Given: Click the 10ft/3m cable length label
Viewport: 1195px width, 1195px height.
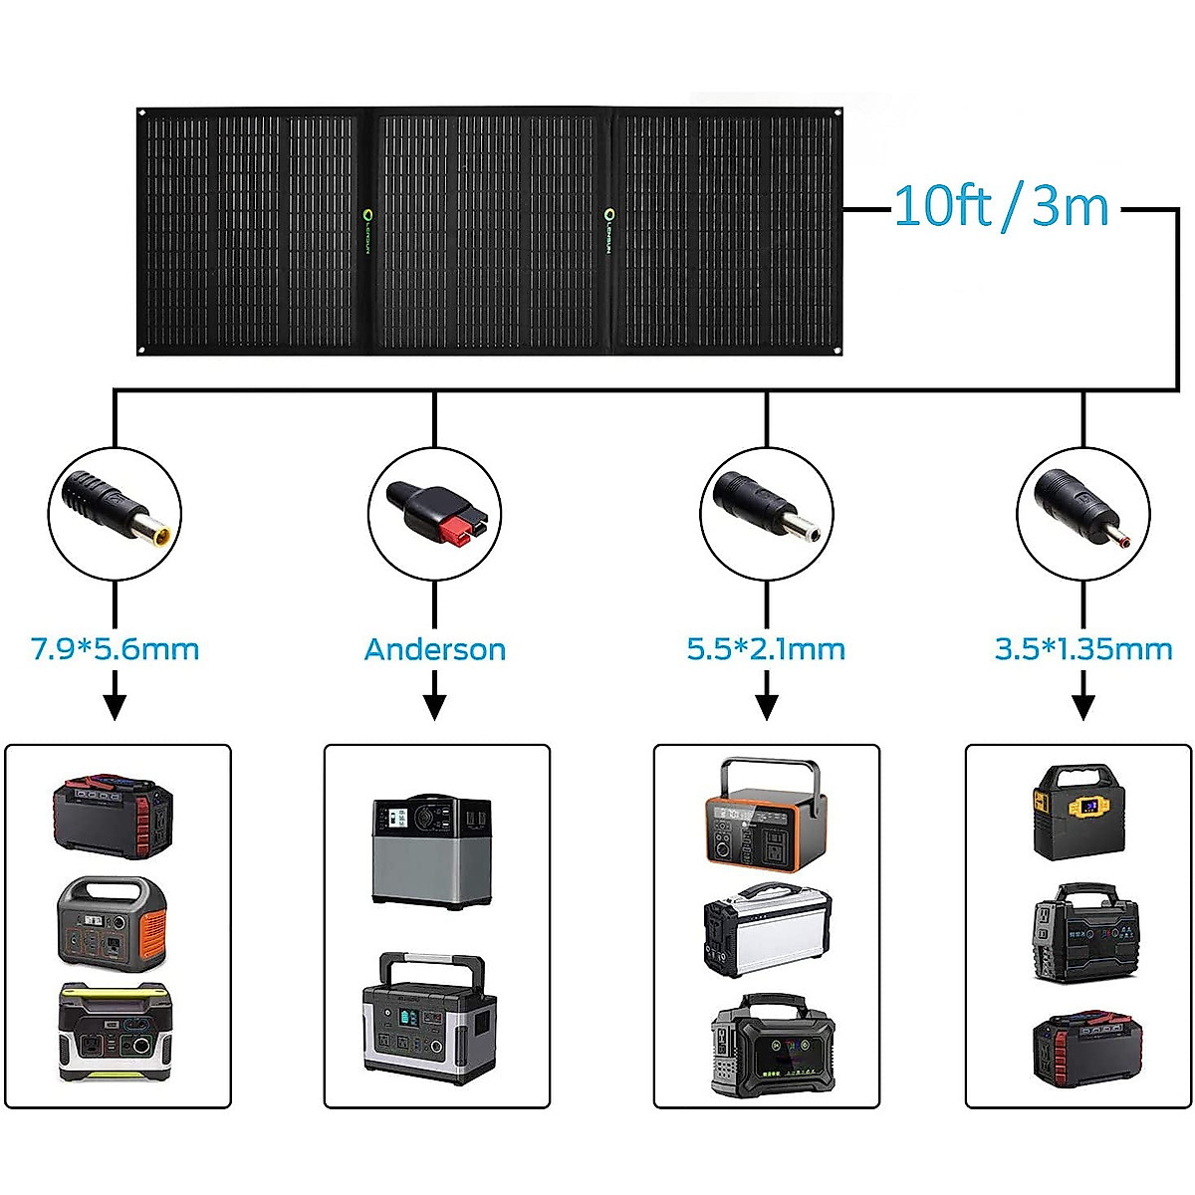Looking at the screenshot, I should coord(1001,207).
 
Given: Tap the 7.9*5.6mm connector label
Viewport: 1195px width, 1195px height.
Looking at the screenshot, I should coord(116,650).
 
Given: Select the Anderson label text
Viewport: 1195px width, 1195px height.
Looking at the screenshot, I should coord(435,650).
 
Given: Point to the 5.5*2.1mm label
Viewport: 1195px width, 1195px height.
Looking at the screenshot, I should coord(766,650).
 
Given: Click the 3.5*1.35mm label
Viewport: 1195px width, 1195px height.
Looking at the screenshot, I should coord(1083,650).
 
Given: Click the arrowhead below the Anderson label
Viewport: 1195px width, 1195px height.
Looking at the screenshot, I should coord(435,708).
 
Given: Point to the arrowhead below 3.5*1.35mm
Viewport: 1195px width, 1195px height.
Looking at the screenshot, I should coord(1083,708).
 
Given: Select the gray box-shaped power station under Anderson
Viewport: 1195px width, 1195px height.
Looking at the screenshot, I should coord(432,849).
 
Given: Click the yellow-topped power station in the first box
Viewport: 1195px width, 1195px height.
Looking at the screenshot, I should coord(115,1032).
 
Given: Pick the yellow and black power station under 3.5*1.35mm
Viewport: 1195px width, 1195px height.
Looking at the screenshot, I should coord(1080,812).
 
